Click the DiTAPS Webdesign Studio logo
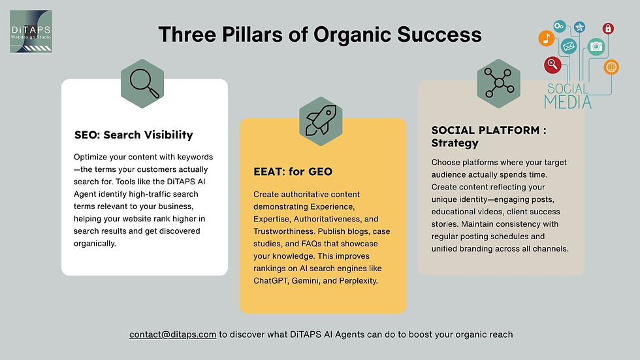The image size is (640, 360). pyautogui.click(x=31, y=31)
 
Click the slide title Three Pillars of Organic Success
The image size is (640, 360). pyautogui.click(x=320, y=34)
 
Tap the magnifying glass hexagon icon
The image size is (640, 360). pyautogui.click(x=142, y=84)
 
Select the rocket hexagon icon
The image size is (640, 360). pyautogui.click(x=321, y=122)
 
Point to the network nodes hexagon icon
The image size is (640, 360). pyautogui.click(x=499, y=84)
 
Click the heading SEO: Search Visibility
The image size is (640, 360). pyautogui.click(x=133, y=135)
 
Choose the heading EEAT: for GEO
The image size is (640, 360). pyautogui.click(x=293, y=171)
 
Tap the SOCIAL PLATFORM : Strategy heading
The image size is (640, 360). pyautogui.click(x=489, y=137)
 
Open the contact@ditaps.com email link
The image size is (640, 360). pyautogui.click(x=172, y=335)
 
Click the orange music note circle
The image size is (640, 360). pyautogui.click(x=547, y=39)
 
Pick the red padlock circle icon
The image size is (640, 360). pyautogui.click(x=608, y=29)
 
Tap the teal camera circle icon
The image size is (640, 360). pyautogui.click(x=596, y=46)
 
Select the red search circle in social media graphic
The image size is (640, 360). pyautogui.click(x=552, y=65)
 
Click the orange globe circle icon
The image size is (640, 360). pyautogui.click(x=611, y=67)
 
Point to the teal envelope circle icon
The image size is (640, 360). pyautogui.click(x=569, y=46)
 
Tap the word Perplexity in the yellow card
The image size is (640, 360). pyautogui.click(x=359, y=281)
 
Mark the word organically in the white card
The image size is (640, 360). pyautogui.click(x=95, y=244)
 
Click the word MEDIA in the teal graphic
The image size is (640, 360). pyautogui.click(x=568, y=102)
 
